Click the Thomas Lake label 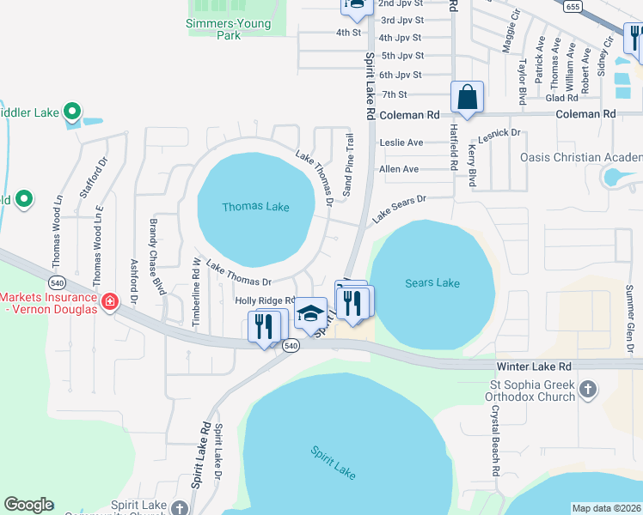(255, 207)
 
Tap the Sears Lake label (432, 283)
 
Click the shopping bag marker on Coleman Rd (467, 98)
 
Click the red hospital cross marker (109, 301)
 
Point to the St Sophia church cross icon (588, 391)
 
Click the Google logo (28, 505)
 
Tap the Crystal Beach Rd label (496, 441)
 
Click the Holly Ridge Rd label (265, 300)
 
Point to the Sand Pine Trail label (348, 164)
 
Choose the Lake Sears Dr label (399, 210)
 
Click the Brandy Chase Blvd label (156, 257)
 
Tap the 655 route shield (573, 6)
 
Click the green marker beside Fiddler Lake (73, 111)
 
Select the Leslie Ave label (401, 142)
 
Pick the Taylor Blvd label (522, 83)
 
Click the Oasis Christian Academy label (581, 157)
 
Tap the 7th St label (394, 94)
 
